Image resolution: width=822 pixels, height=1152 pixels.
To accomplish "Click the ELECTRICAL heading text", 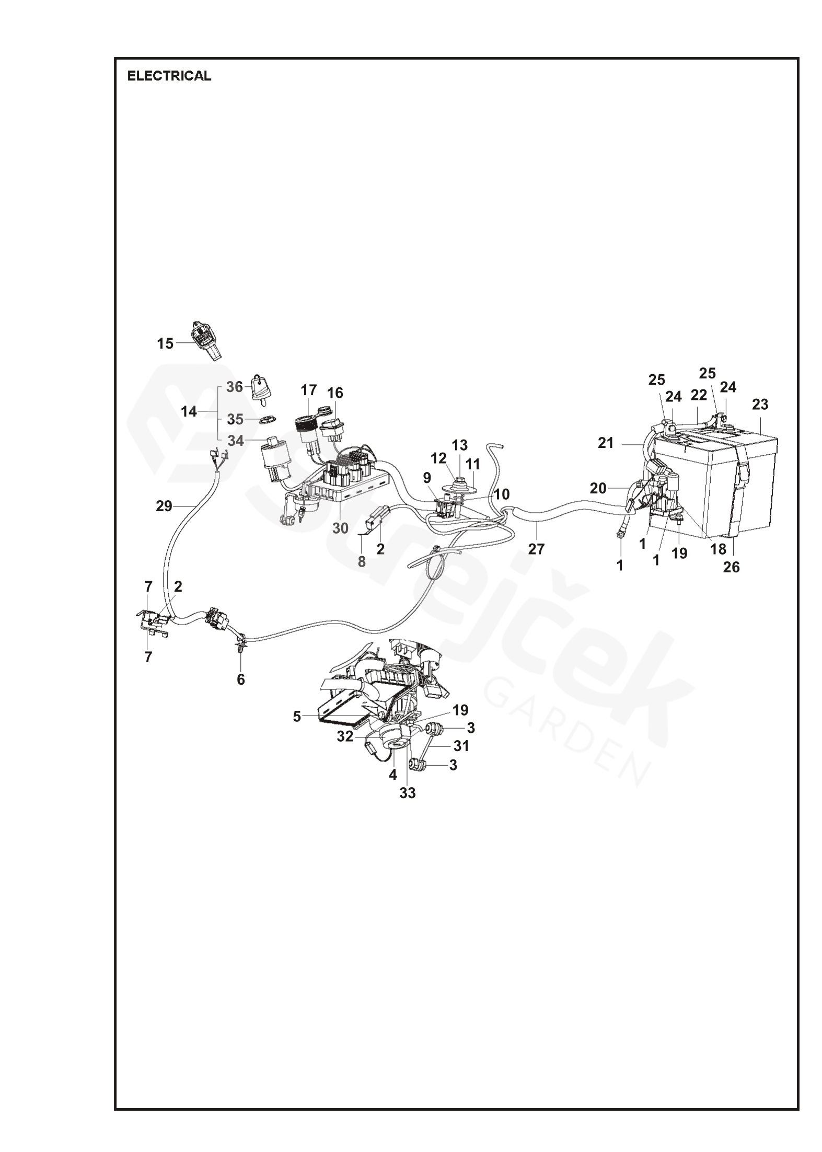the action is (x=169, y=76).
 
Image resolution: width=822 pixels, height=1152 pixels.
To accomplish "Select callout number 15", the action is (x=165, y=343).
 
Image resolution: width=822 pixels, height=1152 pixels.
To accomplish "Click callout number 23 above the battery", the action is (x=760, y=405).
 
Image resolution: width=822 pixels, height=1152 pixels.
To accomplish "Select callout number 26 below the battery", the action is (x=732, y=567).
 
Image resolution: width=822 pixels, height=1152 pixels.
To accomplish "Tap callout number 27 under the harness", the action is (x=536, y=549).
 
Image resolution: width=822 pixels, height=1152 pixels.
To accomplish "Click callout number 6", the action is (x=241, y=679).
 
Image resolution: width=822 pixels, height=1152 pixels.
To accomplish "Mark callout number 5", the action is (x=297, y=716).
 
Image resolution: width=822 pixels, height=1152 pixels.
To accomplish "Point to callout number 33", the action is (x=408, y=793).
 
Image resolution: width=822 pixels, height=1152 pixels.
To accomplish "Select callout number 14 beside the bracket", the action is (x=189, y=412).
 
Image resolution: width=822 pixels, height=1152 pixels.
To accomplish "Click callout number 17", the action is (x=309, y=390).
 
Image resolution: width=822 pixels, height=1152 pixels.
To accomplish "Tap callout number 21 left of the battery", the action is (x=606, y=443).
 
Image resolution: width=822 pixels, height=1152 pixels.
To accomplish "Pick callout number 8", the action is (x=362, y=562).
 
